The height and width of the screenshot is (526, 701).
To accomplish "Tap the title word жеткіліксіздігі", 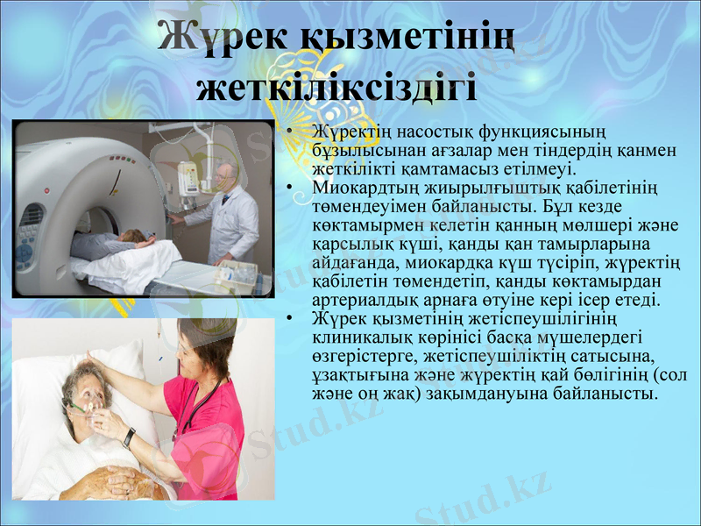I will click(x=337, y=88).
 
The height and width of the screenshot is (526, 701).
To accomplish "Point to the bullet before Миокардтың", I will click(x=288, y=188).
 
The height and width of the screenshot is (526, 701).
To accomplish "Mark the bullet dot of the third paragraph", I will click(x=288, y=318).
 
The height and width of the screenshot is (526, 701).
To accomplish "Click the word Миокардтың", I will click(x=358, y=188).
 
